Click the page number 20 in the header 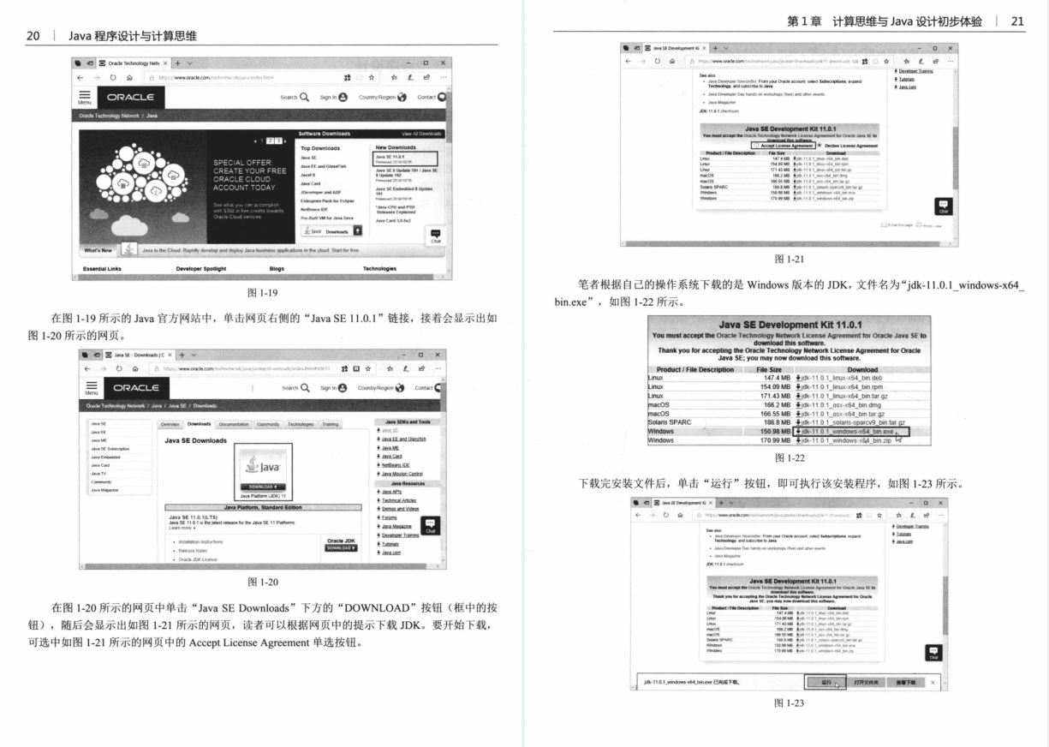(x=35, y=35)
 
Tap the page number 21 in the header (x=1016, y=21)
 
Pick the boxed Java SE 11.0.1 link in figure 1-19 (x=405, y=158)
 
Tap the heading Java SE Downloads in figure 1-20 (x=196, y=440)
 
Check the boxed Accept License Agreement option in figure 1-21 (x=783, y=146)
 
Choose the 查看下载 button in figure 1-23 (x=906, y=682)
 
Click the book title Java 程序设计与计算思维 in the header (x=133, y=35)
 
